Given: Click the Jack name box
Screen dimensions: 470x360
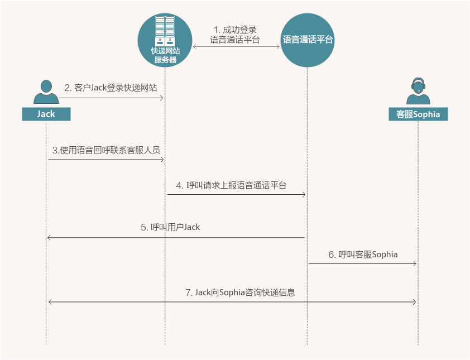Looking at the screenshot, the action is point(46,114).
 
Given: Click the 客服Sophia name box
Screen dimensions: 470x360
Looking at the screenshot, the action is point(418,114).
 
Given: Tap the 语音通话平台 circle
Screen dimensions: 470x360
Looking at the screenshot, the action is point(307,40).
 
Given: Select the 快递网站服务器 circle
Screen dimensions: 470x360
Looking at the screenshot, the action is point(165,40).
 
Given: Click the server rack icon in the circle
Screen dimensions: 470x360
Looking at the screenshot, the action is point(165,31).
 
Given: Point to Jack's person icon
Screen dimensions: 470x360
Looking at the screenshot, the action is point(46,92).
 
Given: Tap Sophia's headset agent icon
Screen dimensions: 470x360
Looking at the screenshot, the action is point(418,91).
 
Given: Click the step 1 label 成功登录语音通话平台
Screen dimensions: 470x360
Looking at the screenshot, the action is point(234,35).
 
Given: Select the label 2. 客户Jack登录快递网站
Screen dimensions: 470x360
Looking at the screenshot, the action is point(111,88).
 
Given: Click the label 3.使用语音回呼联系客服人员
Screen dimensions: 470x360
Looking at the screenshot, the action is point(106,150).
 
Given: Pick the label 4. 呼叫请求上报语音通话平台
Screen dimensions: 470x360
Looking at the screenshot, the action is point(231,185).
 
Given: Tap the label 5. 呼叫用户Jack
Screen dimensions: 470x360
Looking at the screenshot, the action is point(170,227).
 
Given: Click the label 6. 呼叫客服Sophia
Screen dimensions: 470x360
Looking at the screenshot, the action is point(363,255).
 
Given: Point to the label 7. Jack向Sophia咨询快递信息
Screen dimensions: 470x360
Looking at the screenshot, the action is point(240,292).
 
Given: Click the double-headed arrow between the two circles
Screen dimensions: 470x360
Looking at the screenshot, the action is point(236,46).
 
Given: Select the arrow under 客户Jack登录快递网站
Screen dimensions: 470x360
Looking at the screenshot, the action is point(111,98).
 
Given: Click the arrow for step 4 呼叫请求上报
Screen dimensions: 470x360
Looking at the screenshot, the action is point(237,195).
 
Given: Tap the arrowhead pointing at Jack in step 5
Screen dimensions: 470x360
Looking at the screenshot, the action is point(49,238).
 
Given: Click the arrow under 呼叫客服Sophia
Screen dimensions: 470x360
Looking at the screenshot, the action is point(363,264).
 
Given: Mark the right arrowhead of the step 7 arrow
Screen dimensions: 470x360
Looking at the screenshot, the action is point(415,302).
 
